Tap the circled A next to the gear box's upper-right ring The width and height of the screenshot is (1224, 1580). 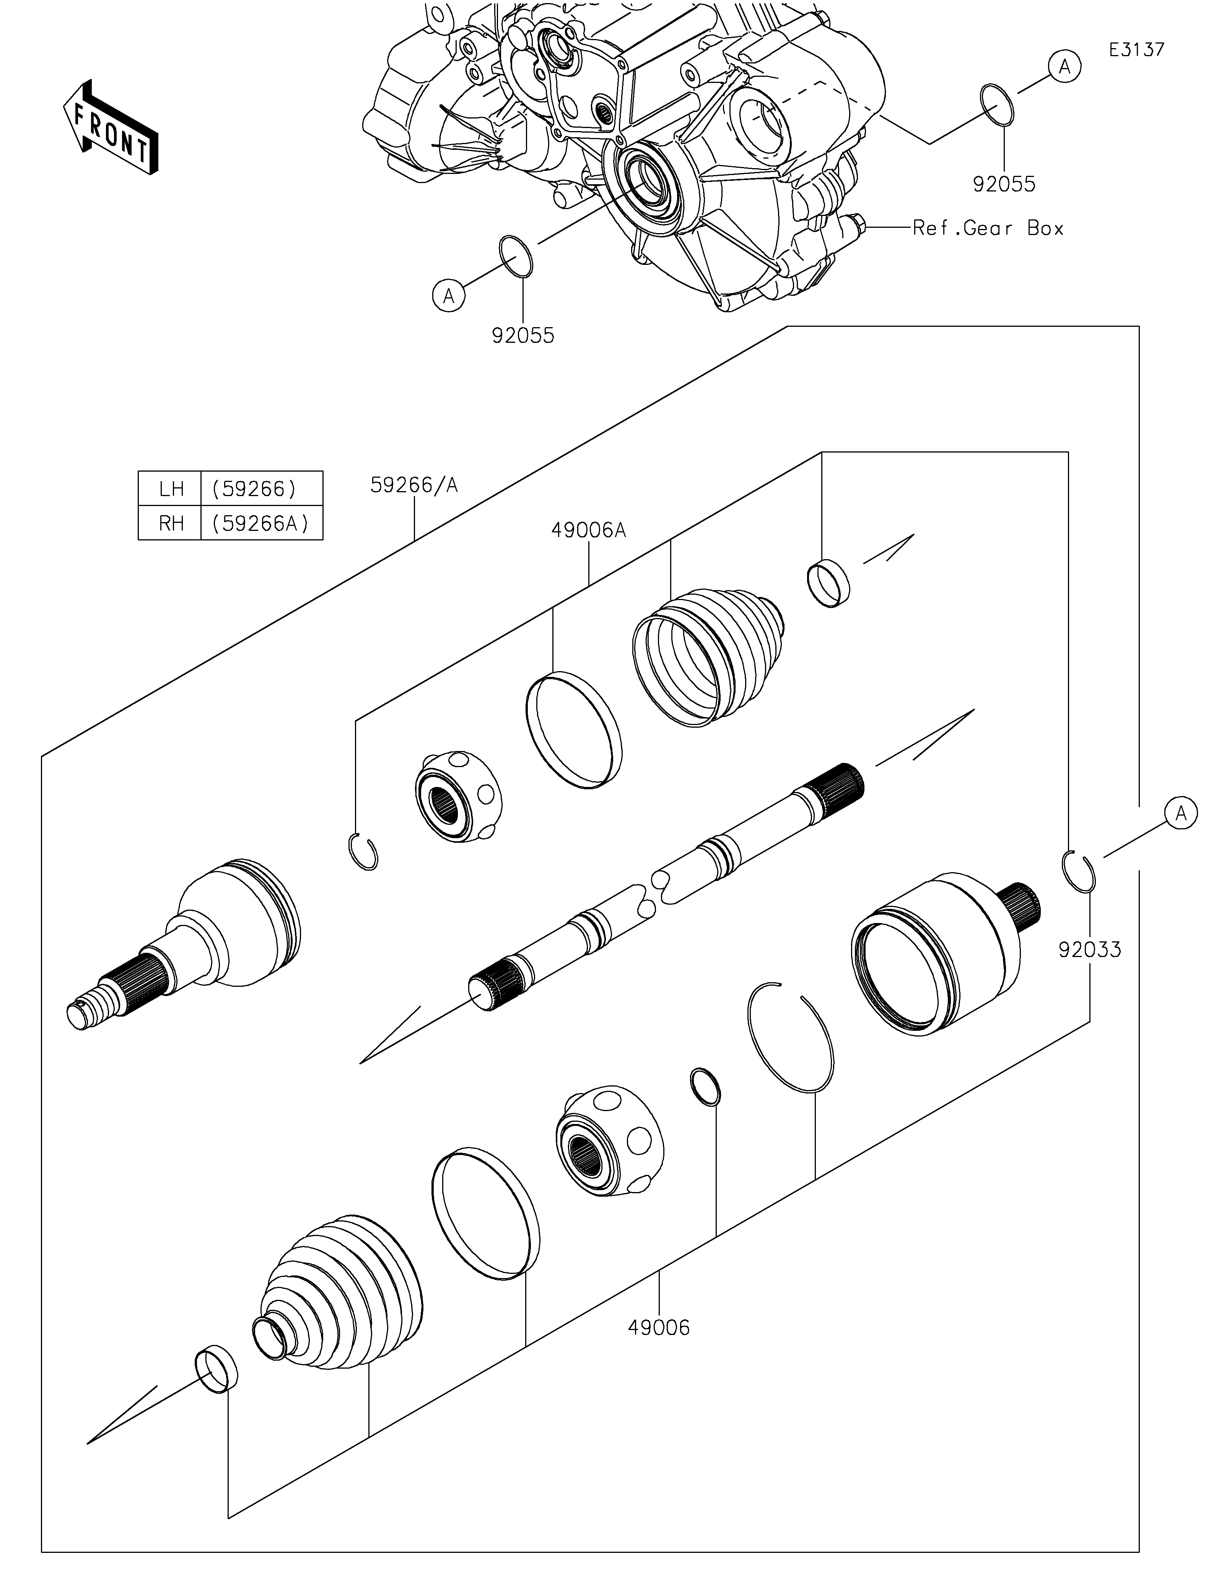[1064, 67]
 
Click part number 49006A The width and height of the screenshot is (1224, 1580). [588, 530]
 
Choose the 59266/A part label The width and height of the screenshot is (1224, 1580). [413, 485]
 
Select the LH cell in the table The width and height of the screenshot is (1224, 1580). [171, 489]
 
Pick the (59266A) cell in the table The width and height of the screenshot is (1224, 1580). [260, 523]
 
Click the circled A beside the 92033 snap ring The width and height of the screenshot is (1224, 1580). [1180, 813]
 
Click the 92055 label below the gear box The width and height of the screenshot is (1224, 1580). [522, 336]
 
